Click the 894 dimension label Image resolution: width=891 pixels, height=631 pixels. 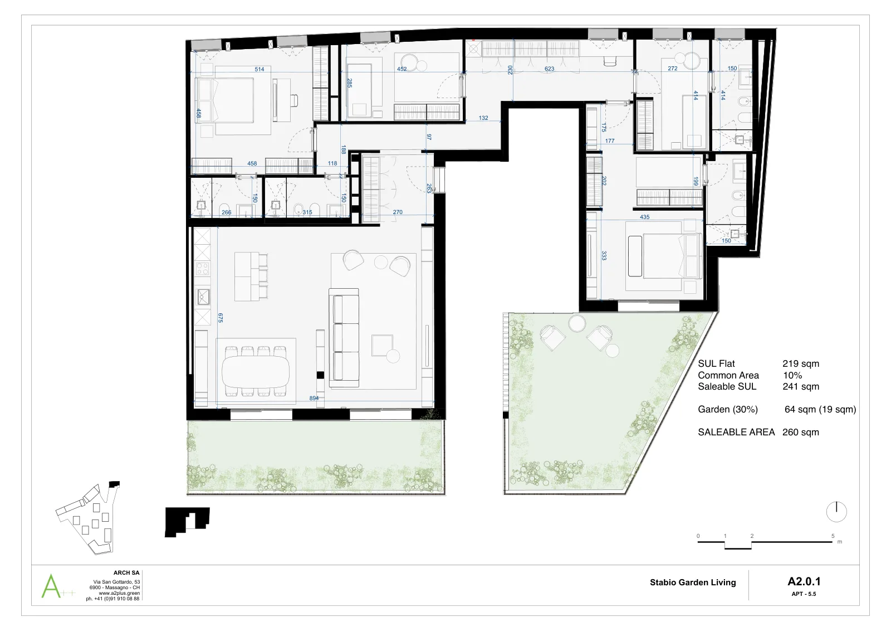point(314,398)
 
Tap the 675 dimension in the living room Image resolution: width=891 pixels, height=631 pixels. point(221,318)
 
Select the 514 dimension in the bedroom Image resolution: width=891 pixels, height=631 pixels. point(260,69)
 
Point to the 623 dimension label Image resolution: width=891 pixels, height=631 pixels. point(549,69)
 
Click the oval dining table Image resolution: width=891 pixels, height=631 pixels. point(256,371)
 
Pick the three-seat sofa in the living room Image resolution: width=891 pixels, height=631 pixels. point(344,338)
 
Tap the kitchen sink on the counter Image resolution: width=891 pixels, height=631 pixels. point(203,297)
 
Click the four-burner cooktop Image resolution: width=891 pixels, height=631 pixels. point(203,268)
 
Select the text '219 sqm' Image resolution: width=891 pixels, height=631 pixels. point(801,363)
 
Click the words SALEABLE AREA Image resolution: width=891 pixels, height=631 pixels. point(736,432)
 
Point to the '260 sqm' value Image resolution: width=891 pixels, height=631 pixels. point(801,432)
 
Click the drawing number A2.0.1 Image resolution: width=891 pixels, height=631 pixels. point(804,581)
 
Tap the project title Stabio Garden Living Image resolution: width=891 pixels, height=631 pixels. point(693,583)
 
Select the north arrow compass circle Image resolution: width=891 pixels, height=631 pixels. point(836,512)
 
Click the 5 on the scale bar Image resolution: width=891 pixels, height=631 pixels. point(833,536)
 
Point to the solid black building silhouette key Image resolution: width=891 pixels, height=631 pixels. point(187,522)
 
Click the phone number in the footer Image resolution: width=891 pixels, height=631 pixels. point(112,598)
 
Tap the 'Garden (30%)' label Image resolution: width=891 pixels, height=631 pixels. point(727,409)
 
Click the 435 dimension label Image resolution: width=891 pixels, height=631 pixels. point(644,217)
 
